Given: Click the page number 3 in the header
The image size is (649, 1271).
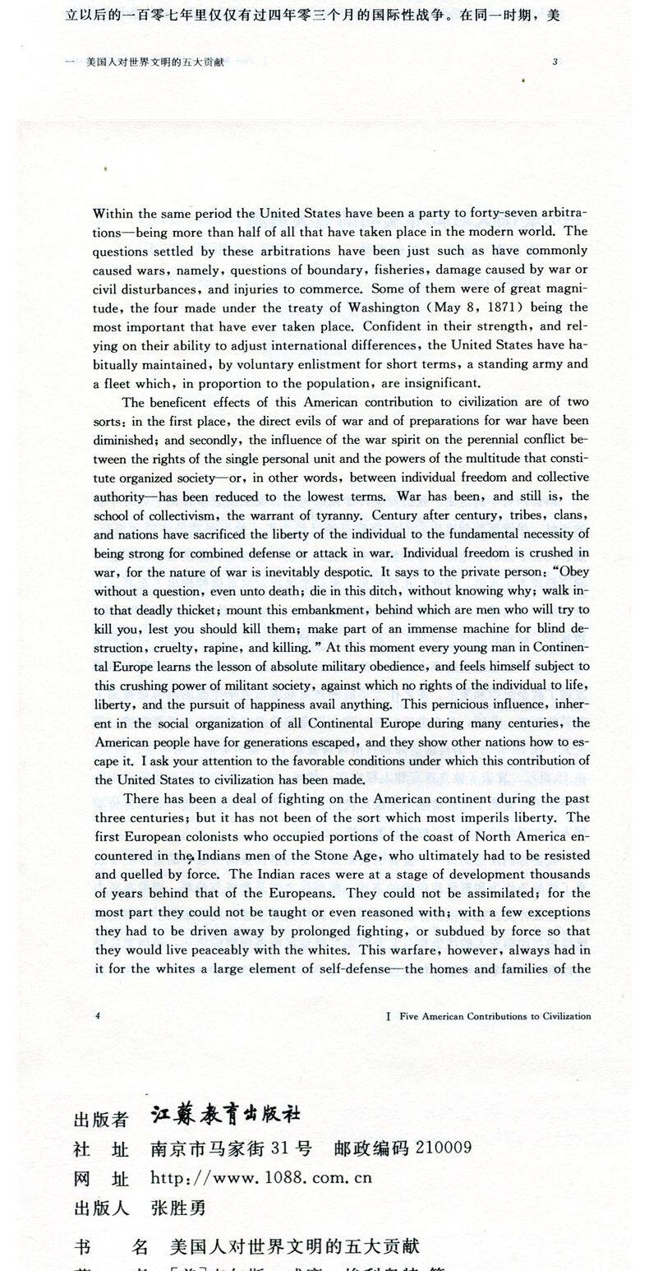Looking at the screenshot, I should [x=555, y=62].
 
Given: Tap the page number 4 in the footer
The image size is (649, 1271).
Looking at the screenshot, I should [x=98, y=1015].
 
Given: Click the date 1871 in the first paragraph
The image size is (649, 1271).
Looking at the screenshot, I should [x=503, y=307].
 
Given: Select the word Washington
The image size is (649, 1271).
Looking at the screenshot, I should [x=396, y=307].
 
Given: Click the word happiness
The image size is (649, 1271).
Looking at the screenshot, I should [x=311, y=704].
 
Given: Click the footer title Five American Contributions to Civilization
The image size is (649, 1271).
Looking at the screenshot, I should [x=495, y=1016].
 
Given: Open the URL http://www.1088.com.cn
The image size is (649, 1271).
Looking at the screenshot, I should [x=261, y=1177].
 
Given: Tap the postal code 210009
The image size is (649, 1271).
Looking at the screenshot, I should [x=444, y=1147].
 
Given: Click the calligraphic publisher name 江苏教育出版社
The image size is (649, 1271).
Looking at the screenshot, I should [x=226, y=1114].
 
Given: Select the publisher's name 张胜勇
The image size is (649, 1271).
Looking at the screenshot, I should [x=178, y=1207].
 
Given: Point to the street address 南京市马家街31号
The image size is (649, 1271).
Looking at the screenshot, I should [x=231, y=1148].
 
